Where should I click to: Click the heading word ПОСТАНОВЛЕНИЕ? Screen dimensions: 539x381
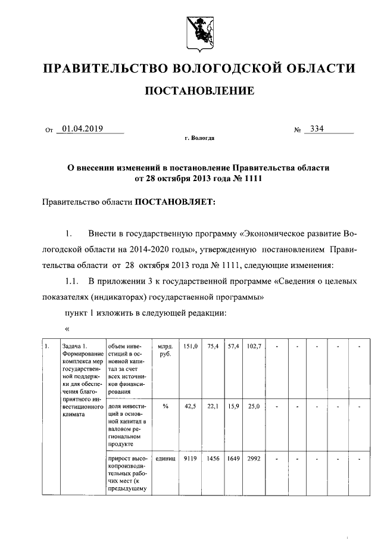pos(199,91)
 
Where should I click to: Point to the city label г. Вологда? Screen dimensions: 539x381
pos(199,138)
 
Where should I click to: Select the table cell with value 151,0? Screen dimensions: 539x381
pos(189,346)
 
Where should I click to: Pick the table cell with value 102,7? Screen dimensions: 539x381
pos(255,346)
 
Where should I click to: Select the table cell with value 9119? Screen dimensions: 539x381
pos(190,459)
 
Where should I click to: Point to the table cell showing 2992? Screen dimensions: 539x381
pos(255,459)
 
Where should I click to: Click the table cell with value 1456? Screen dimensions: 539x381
pos(213,459)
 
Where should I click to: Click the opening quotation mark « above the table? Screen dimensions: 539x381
pos(67,328)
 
